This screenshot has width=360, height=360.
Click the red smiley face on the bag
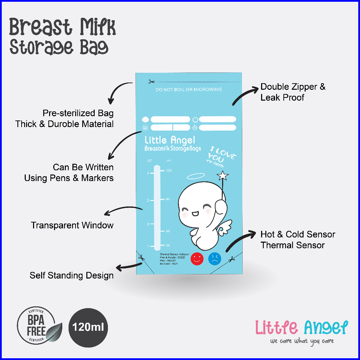[x=197, y=258]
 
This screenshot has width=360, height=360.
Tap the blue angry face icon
[x=215, y=258]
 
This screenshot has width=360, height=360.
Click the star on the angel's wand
[x=223, y=176]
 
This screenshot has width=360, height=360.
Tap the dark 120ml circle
[x=88, y=328]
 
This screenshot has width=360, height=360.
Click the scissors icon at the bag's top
[x=151, y=82]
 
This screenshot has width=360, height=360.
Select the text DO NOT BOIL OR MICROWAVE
[x=189, y=90]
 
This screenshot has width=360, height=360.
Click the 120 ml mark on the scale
[x=169, y=170]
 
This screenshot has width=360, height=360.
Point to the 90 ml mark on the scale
[x=168, y=199]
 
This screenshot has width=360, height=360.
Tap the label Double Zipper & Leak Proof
[x=293, y=92]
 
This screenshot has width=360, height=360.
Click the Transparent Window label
[x=72, y=225]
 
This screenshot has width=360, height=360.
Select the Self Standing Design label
[x=71, y=275]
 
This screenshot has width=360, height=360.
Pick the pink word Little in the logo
[x=276, y=327]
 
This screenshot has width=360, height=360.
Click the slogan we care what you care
[x=302, y=341]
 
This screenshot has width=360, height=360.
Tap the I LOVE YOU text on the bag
[x=222, y=156]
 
